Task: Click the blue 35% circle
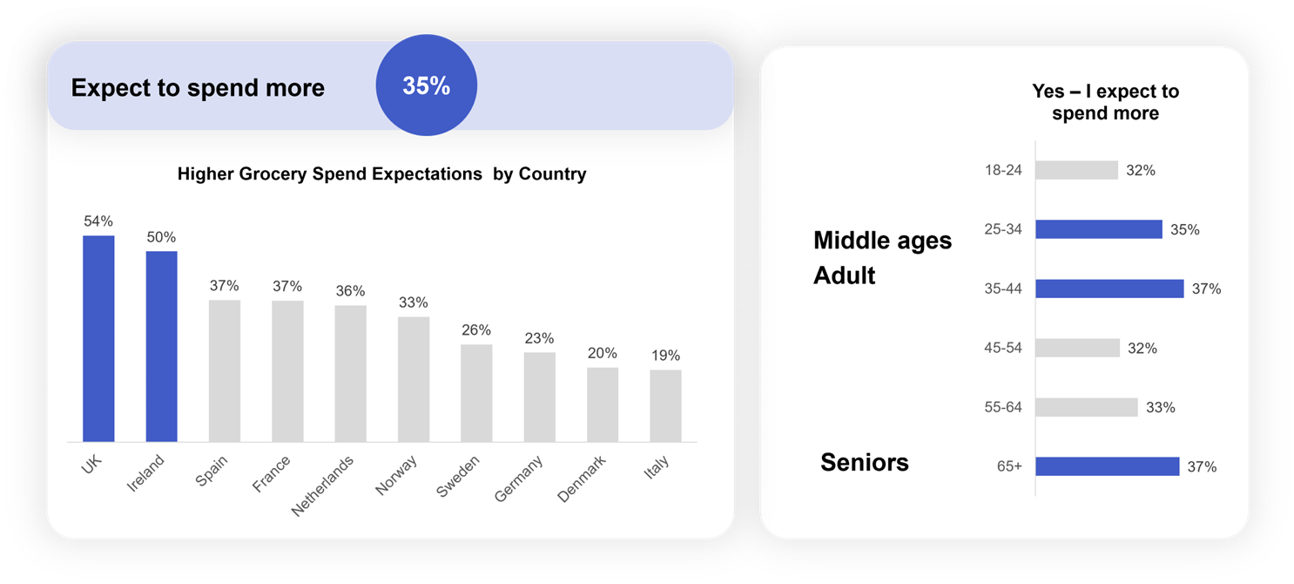(x=426, y=85)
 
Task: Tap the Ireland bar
(x=161, y=346)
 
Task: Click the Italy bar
(x=665, y=405)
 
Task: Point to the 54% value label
(x=98, y=221)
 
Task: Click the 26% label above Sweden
(x=476, y=330)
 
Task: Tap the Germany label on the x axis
(x=519, y=478)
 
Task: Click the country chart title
(x=381, y=174)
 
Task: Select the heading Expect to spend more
(x=198, y=88)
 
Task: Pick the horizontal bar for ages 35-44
(x=1109, y=289)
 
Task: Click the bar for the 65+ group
(x=1107, y=466)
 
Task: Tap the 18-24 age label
(x=1003, y=170)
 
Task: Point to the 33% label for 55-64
(x=1160, y=407)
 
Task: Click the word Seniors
(x=864, y=462)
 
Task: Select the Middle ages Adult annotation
(x=882, y=258)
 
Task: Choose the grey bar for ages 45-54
(x=1077, y=348)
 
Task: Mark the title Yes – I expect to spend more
(x=1105, y=102)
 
